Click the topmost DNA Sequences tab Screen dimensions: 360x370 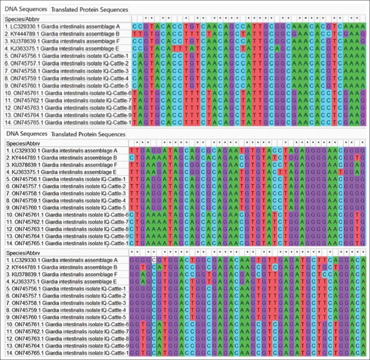26,9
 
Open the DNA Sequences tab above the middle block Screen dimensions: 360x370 26,134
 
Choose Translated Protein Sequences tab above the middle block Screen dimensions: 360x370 88,134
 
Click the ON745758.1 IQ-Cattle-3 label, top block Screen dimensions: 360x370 65,71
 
